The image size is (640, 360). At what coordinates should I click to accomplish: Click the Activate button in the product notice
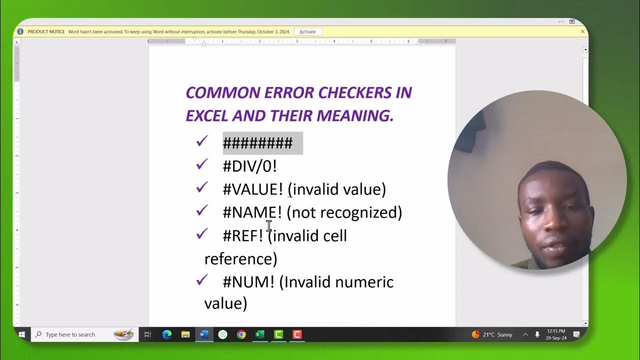pos(307,31)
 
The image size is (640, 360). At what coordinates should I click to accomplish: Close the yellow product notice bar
pos(582,31)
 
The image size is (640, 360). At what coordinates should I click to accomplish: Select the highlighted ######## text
pos(257,143)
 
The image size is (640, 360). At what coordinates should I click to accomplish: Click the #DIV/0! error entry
pos(249,166)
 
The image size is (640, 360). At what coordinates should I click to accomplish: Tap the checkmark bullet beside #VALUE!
pos(202,187)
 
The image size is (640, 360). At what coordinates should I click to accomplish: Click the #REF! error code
pos(242,235)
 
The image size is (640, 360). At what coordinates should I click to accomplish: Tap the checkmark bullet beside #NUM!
pos(202,280)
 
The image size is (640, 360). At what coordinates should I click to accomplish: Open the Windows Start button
pos(22,334)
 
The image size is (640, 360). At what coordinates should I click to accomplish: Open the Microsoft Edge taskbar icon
pos(167,334)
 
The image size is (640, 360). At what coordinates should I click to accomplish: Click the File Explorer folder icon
pos(185,334)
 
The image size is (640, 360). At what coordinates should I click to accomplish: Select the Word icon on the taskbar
pos(204,334)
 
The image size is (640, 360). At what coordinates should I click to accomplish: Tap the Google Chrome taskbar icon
pos(241,334)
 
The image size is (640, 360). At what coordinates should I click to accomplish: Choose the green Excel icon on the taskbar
pos(260,334)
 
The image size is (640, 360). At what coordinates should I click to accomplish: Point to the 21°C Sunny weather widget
pos(492,334)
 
